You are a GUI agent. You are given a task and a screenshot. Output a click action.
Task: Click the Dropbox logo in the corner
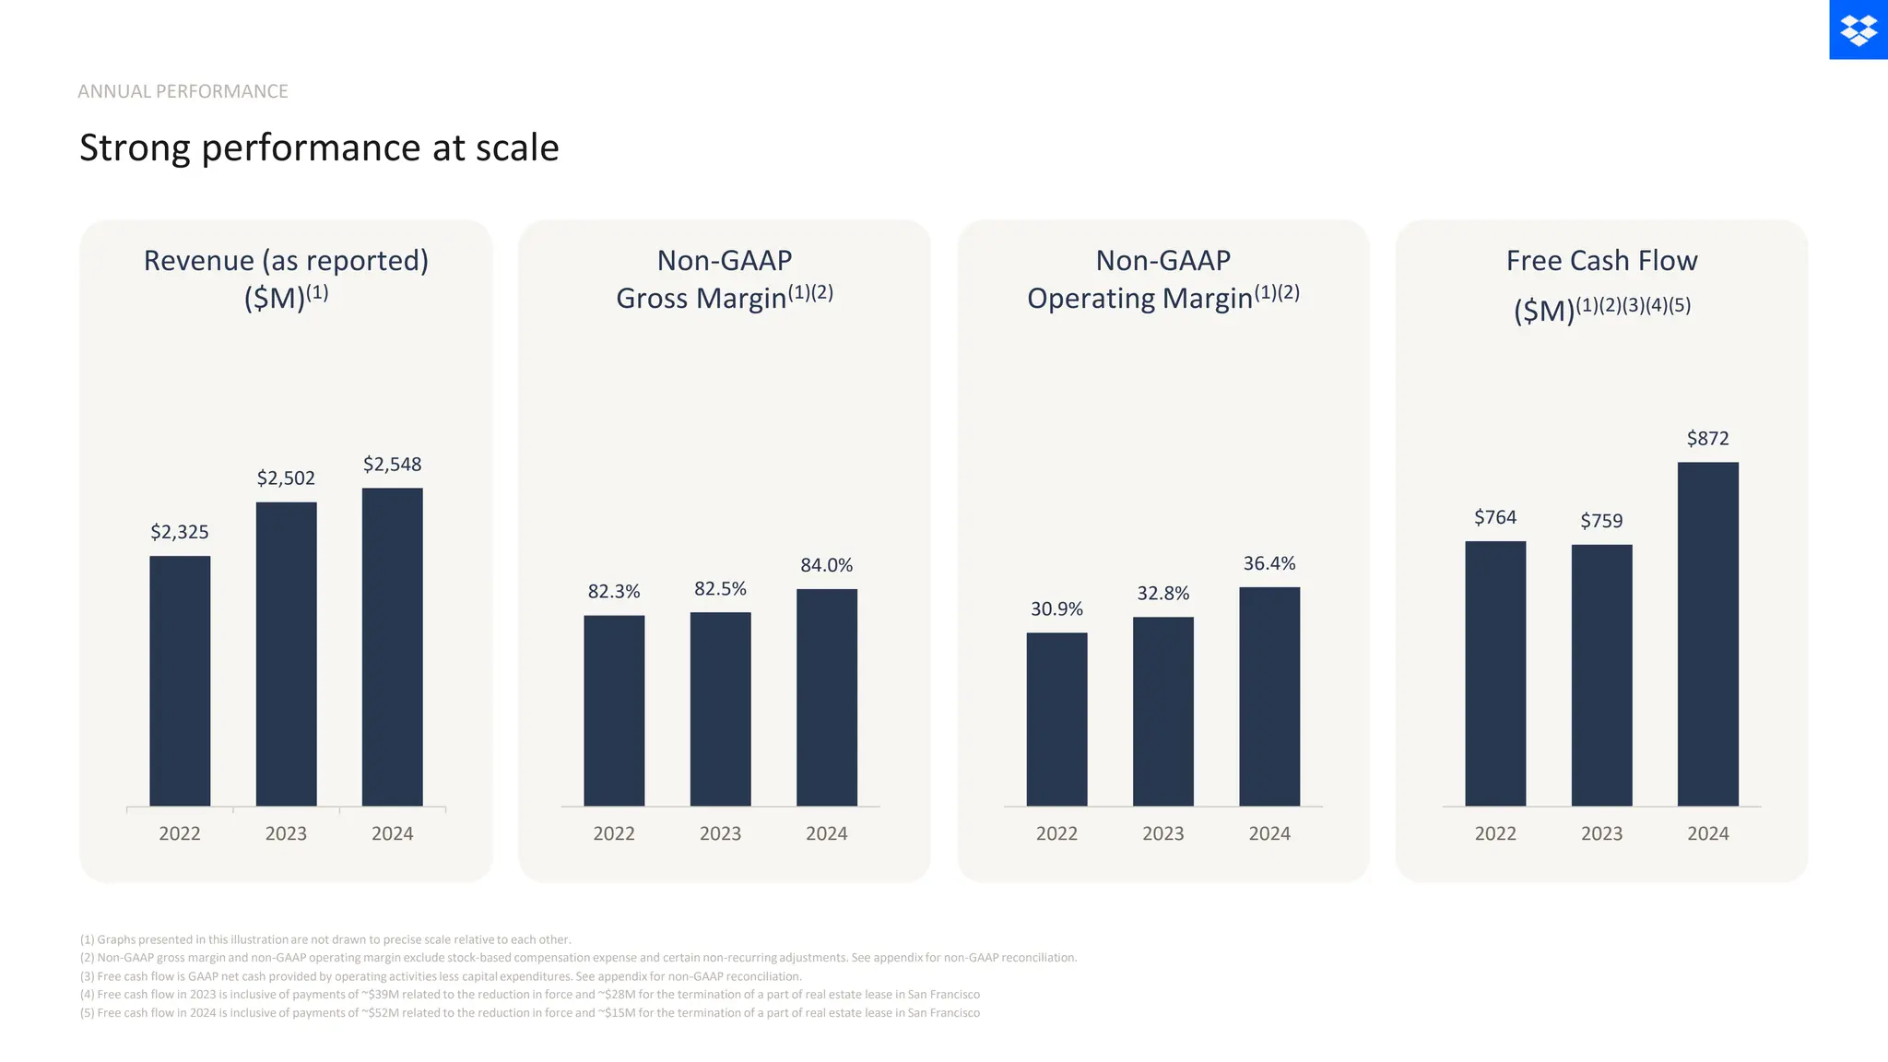coord(1858,29)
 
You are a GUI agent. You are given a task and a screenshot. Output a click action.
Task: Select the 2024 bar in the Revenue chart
coord(392,645)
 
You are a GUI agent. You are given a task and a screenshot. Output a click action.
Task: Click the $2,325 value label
coord(180,532)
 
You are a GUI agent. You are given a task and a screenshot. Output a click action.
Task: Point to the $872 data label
coord(1707,439)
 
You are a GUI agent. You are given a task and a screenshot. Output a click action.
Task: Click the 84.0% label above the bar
coord(826,565)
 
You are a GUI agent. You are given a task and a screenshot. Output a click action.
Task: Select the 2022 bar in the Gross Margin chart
coord(614,710)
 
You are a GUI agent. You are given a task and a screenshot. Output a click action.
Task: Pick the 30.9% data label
coord(1056,609)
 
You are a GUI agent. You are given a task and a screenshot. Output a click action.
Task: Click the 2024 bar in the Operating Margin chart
coord(1269,696)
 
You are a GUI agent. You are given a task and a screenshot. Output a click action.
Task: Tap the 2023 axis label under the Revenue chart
coord(286,833)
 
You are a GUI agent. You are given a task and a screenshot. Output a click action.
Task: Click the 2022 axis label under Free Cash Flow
coord(1495,833)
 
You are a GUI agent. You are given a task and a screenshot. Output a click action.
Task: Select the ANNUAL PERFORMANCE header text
coord(183,91)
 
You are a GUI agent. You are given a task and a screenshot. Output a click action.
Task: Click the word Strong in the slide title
coord(135,148)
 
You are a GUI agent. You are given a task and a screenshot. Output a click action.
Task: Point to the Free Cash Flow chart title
coord(1601,261)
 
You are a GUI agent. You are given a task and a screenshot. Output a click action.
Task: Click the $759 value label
coord(1601,521)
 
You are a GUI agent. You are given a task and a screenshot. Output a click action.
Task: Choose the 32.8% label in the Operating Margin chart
coord(1162,594)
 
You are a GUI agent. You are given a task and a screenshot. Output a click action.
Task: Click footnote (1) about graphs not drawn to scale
coord(325,939)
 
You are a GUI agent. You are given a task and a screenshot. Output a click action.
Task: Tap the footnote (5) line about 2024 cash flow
coord(529,1012)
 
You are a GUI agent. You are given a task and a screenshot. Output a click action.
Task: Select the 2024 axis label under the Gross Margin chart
coord(826,833)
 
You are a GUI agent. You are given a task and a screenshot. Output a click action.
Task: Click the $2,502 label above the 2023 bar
coord(286,478)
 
